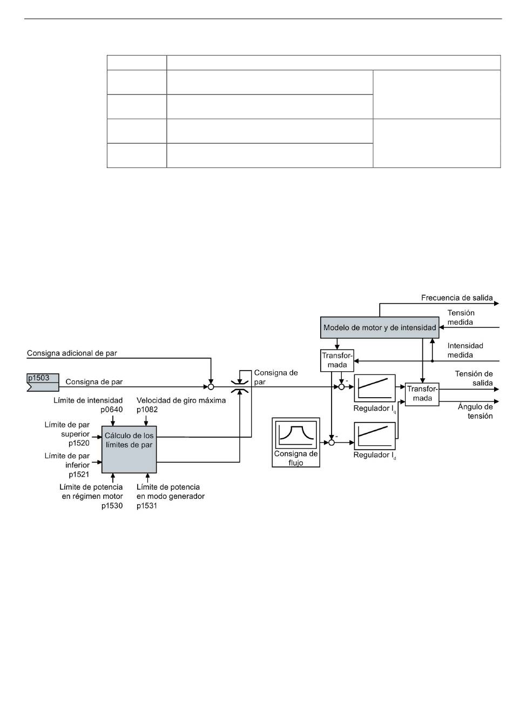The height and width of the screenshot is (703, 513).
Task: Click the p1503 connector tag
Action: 43,382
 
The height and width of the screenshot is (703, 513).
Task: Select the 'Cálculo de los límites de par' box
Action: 129,449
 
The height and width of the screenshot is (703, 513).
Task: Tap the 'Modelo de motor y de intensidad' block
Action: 380,327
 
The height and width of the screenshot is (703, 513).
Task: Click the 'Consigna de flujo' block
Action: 296,442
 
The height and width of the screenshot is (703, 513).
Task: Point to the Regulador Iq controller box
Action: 374,388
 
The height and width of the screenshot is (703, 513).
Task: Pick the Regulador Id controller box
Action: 374,436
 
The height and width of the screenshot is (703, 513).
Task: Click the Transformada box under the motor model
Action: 337,360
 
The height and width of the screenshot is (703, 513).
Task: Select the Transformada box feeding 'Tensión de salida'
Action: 422,394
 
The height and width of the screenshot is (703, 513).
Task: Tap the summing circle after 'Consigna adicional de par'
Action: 211,387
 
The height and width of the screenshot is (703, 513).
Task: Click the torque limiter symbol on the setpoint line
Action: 240,387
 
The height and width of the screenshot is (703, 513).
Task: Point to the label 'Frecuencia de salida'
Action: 456,298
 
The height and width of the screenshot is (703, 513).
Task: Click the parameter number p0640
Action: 111,410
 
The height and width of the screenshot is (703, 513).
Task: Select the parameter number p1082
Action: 147,410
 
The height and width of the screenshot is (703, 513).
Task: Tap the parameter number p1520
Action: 79,443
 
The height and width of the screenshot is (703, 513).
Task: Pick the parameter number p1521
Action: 79,474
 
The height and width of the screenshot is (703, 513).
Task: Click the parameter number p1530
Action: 112,506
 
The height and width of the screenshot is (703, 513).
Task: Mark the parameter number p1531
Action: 147,506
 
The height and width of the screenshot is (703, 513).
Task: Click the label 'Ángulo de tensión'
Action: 475,411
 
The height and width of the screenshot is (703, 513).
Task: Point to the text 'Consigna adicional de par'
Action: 72,353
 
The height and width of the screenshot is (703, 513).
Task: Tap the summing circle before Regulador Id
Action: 332,443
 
